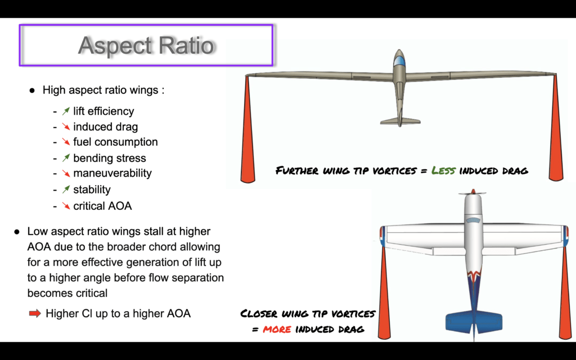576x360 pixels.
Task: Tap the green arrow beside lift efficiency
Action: [66, 111]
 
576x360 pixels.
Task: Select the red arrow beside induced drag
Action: [66, 127]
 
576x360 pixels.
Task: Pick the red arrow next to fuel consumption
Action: [66, 142]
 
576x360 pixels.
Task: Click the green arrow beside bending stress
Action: [66, 158]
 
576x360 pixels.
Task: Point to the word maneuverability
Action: [112, 173]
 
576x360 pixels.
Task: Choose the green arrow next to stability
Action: [66, 190]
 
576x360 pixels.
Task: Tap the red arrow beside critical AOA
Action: [66, 206]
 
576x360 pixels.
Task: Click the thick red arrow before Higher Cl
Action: [35, 313]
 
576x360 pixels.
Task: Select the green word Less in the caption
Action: [443, 170]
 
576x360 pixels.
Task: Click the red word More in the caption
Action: [277, 328]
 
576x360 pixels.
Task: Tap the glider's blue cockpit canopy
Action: [399, 61]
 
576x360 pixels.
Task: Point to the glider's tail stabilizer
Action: [400, 121]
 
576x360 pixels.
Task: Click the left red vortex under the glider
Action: [247, 129]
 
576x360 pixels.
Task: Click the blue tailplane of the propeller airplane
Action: [474, 322]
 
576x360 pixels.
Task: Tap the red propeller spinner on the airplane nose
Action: [473, 191]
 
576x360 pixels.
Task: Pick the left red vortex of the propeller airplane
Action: [384, 292]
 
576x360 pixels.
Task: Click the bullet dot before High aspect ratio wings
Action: [32, 91]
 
